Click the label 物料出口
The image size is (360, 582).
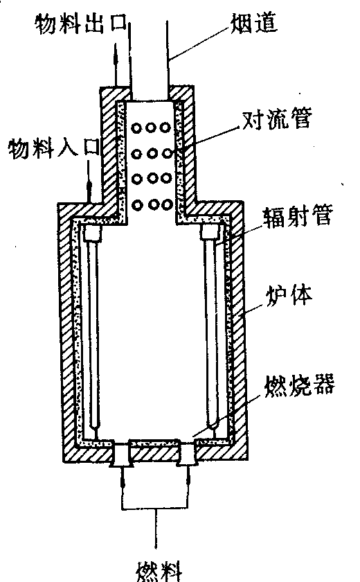(x=81, y=24)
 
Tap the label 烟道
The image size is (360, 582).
(x=254, y=23)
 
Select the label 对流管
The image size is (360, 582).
(x=277, y=118)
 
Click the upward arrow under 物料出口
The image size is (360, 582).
(x=116, y=65)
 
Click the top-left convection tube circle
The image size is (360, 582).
(x=137, y=128)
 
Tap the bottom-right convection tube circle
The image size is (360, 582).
(x=167, y=204)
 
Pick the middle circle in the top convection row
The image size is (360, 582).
(x=150, y=127)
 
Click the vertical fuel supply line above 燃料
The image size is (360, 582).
(x=156, y=528)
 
